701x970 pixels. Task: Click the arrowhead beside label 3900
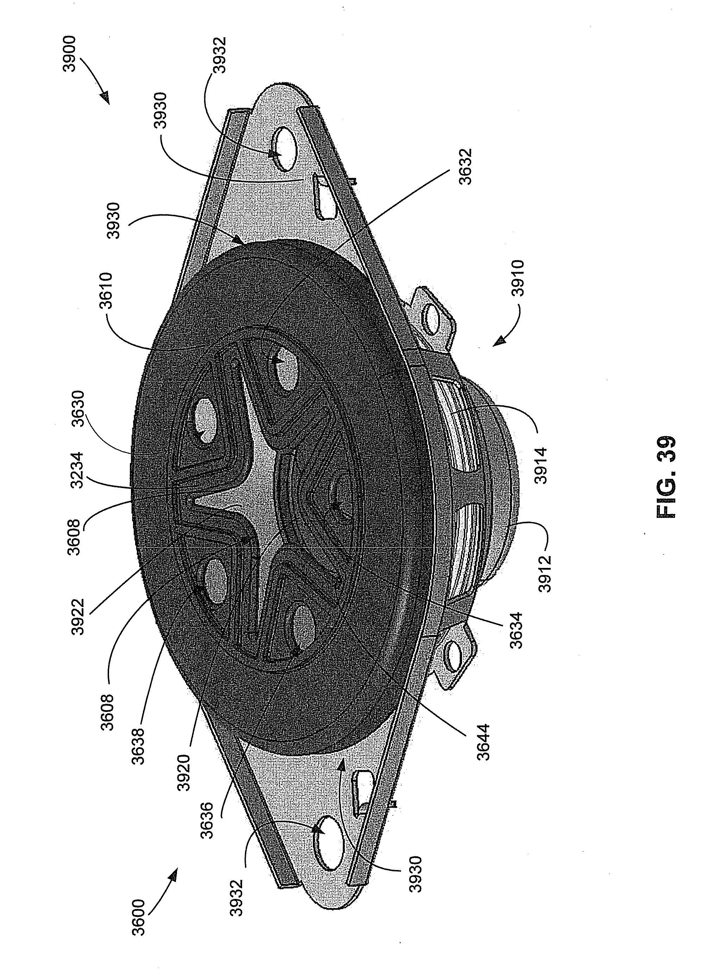[x=106, y=100]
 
